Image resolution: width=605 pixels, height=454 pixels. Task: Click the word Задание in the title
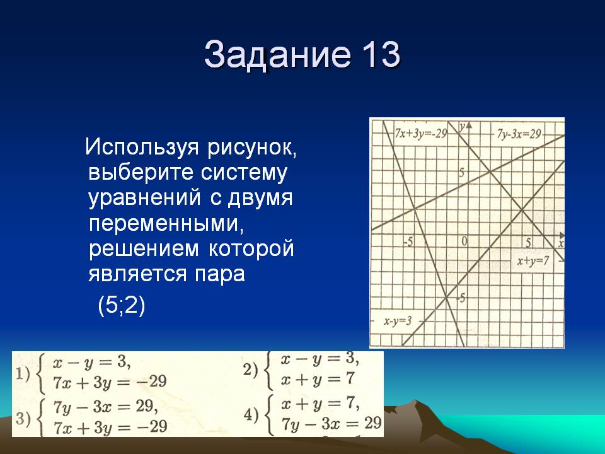278,54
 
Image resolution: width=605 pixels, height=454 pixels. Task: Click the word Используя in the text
142,148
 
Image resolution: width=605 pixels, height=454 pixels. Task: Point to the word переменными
166,223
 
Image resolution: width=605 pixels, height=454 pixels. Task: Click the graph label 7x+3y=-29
421,134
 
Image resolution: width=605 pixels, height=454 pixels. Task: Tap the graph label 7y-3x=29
519,134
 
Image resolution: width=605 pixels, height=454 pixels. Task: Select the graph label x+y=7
533,261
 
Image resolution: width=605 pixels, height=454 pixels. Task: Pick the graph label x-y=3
398,321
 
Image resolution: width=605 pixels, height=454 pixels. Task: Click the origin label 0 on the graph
464,242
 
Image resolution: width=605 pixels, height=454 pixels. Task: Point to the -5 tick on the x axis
408,242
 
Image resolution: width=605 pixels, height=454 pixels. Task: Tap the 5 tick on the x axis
528,242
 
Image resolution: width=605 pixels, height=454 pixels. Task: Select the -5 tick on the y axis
461,298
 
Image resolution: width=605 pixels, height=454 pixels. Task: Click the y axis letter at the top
461,126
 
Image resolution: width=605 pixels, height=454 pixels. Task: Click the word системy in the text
244,173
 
